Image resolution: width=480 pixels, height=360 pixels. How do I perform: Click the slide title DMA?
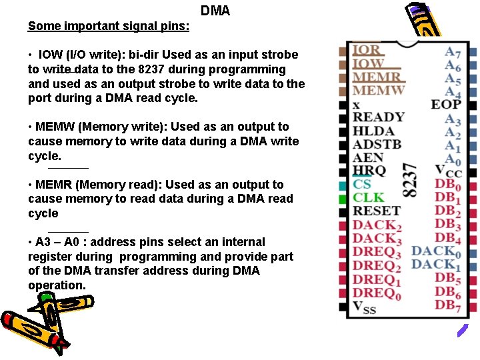pyautogui.click(x=215, y=11)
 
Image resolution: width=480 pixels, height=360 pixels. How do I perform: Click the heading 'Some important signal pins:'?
pyautogui.click(x=108, y=26)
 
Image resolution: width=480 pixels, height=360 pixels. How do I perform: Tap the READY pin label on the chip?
pyautogui.click(x=378, y=117)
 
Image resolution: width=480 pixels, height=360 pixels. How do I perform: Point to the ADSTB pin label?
pyautogui.click(x=377, y=144)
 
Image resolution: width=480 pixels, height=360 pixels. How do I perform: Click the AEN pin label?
pyautogui.click(x=368, y=157)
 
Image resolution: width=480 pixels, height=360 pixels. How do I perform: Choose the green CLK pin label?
pyautogui.click(x=368, y=197)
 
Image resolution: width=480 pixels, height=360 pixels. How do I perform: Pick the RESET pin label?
pyautogui.click(x=376, y=211)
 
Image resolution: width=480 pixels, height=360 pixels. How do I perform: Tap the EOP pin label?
pyautogui.click(x=446, y=104)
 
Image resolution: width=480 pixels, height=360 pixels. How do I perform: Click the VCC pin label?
pyautogui.click(x=447, y=171)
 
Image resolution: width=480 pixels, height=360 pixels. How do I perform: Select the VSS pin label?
pyautogui.click(x=364, y=307)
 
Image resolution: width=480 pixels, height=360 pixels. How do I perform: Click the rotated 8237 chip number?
pyautogui.click(x=411, y=181)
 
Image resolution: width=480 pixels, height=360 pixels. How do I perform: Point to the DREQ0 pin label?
pyautogui.click(x=377, y=293)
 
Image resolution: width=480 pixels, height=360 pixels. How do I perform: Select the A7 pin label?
pyautogui.click(x=453, y=51)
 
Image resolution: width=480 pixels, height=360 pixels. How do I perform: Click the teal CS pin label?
pyautogui.click(x=362, y=184)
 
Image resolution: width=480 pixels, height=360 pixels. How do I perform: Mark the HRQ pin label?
pyautogui.click(x=369, y=171)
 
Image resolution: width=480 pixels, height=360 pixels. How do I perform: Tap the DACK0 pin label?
pyautogui.click(x=436, y=251)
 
